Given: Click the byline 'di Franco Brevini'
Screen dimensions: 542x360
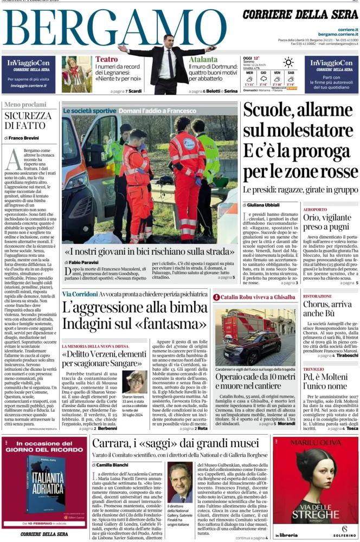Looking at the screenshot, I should [22, 138].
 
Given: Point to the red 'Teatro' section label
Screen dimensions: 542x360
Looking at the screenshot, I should [106, 59].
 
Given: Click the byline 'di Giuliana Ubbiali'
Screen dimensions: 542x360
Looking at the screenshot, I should [265, 204].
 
